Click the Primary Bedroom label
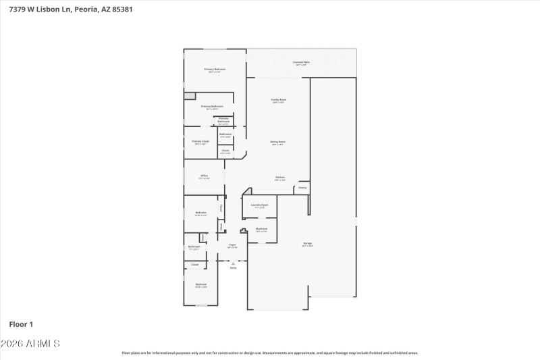point(215,70)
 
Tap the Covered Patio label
point(300,63)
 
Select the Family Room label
point(278,100)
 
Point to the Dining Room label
point(278,143)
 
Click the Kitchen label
point(279,178)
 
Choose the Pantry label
point(302,187)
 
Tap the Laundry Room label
point(260,205)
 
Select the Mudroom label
point(261,229)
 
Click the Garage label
point(307,244)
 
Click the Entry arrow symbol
point(233,263)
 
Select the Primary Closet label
point(200,142)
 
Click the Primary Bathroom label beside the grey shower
point(212,107)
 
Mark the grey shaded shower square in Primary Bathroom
point(190,96)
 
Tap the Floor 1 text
point(22,324)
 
